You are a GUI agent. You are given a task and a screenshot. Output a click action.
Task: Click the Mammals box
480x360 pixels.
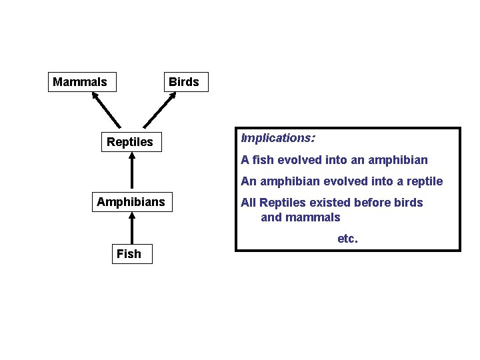tap(80, 82)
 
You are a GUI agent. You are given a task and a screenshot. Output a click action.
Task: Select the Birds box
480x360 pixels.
tap(183, 82)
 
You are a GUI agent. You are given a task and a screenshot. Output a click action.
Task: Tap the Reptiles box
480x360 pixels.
tap(130, 142)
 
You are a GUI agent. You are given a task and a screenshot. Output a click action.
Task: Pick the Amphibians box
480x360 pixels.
tap(131, 201)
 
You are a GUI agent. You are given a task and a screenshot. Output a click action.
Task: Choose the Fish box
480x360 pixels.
tap(129, 254)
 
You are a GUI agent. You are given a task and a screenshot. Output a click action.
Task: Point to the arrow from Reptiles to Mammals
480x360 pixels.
tap(107, 110)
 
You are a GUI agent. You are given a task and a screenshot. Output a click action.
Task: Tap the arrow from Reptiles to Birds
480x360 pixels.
tap(161, 110)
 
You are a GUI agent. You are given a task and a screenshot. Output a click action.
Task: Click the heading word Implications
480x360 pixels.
tap(278, 139)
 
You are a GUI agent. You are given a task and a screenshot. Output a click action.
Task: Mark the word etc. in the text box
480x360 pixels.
tap(347, 239)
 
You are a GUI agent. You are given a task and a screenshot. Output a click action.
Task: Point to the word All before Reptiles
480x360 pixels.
tap(248, 203)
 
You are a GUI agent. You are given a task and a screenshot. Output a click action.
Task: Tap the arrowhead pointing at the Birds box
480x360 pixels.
tap(172, 95)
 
